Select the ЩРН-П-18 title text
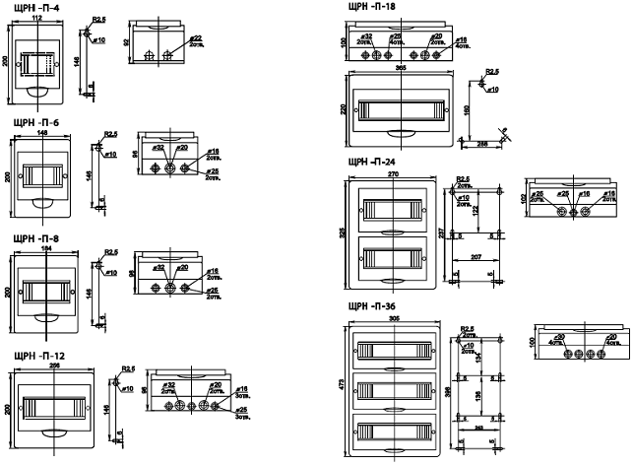click(x=373, y=6)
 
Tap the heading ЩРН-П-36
click(x=371, y=304)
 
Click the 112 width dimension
click(x=35, y=19)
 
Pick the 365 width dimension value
click(x=401, y=69)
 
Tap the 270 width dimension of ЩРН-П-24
click(x=391, y=174)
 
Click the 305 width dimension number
click(x=393, y=318)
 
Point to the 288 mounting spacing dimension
click(x=484, y=144)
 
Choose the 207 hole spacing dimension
click(x=475, y=257)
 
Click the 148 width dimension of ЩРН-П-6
click(x=42, y=131)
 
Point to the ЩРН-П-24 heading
click(x=371, y=162)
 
